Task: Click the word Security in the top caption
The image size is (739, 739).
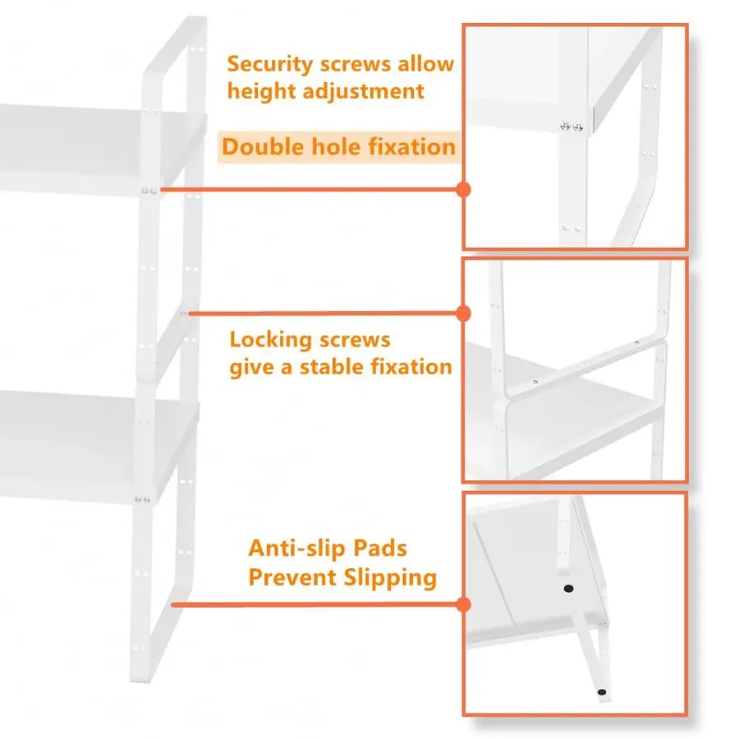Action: (269, 65)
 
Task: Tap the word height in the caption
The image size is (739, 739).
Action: (261, 91)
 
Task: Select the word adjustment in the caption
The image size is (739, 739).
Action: (363, 91)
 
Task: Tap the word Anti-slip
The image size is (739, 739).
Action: (297, 549)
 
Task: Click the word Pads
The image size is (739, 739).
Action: (380, 549)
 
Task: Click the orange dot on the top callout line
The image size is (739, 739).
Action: (464, 190)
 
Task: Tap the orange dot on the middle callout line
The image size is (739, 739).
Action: (464, 314)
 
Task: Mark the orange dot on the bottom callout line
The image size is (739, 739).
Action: (464, 604)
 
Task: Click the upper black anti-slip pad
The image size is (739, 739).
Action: (569, 588)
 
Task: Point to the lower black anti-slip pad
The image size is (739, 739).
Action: (602, 692)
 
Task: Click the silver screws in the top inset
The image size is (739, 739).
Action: (571, 126)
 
